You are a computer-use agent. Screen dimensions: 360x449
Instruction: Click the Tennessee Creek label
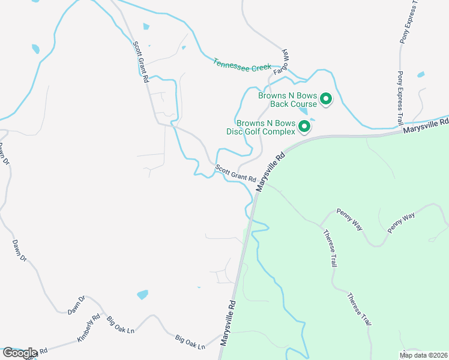pos(242,65)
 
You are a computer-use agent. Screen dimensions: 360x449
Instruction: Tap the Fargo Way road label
pos(282,62)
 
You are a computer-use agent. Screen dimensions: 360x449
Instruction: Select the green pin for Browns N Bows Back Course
pos(326,98)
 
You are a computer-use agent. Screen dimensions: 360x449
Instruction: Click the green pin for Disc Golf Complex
pos(304,126)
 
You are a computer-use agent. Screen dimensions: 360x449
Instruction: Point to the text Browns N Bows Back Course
pos(288,99)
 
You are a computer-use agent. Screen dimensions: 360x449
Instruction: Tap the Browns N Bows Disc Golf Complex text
pos(266,127)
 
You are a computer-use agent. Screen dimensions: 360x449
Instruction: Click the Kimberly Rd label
pos(88,328)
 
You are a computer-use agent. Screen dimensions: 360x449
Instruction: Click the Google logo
pos(20,353)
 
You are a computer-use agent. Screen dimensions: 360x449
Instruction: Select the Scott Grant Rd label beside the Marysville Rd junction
pos(236,174)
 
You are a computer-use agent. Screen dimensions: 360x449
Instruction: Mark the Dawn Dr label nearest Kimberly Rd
pos(77,305)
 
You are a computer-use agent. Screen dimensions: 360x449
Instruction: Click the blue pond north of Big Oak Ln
pos(142,295)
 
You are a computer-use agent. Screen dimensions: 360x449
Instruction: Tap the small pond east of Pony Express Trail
pos(420,75)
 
